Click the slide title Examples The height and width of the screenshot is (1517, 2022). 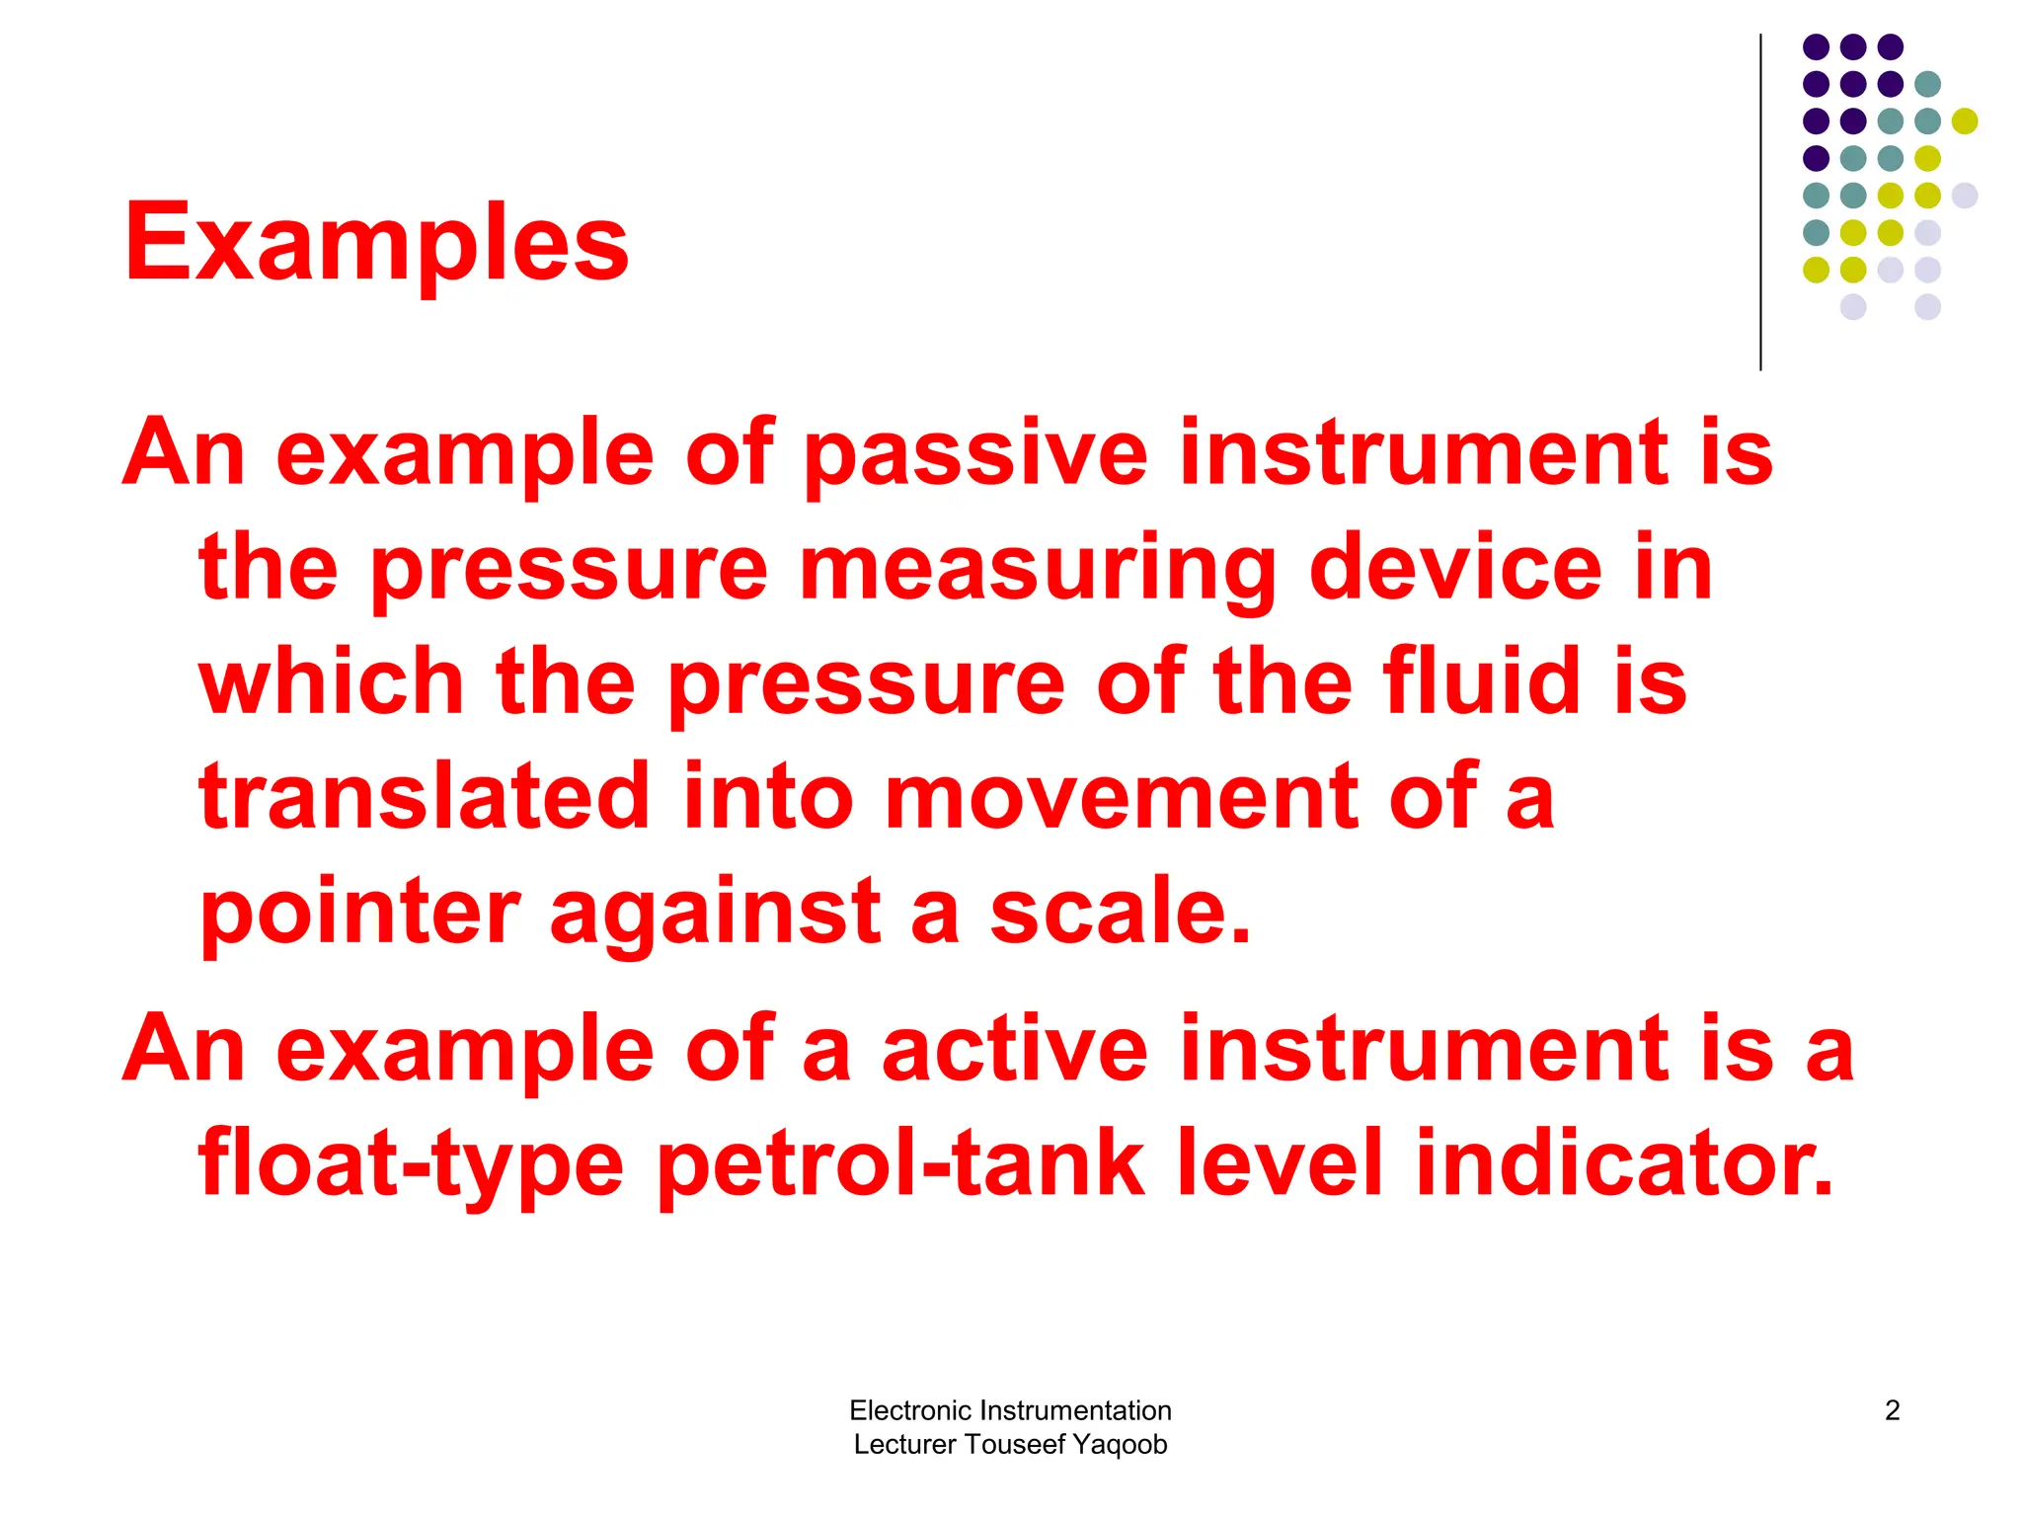pyautogui.click(x=376, y=243)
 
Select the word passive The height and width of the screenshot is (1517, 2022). pyautogui.click(x=975, y=454)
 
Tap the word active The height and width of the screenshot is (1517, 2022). pyautogui.click(x=1014, y=1049)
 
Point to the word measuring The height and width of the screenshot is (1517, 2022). pyautogui.click(x=1038, y=571)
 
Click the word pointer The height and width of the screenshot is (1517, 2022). pyautogui.click(x=360, y=913)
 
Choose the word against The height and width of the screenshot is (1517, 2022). pyautogui.click(x=715, y=913)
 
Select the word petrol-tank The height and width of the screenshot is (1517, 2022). pyautogui.click(x=899, y=1165)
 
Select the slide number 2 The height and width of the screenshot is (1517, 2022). pyautogui.click(x=1892, y=1410)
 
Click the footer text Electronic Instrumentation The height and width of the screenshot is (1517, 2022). pyautogui.click(x=1010, y=1410)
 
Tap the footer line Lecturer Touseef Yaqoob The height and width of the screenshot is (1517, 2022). pyautogui.click(x=1010, y=1444)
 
